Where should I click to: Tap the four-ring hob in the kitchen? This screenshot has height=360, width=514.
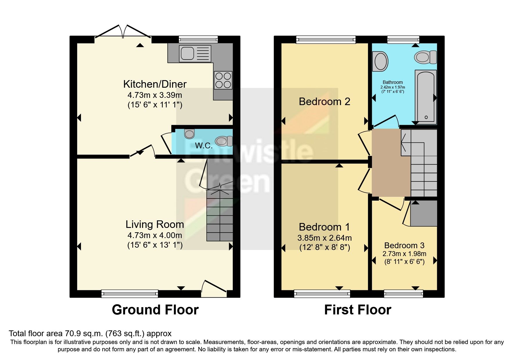point(223,80)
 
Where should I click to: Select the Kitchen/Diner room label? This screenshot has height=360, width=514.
point(155,84)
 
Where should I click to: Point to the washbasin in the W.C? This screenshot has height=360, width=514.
point(190,134)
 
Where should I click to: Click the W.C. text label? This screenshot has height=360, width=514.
point(203,145)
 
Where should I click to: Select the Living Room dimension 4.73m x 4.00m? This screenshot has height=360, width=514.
point(155,235)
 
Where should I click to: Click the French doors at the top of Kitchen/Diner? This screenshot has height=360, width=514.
point(123,32)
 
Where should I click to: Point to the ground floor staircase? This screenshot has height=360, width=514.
point(220,215)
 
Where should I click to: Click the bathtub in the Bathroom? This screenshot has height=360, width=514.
point(425,96)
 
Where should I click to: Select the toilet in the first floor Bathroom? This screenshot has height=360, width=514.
point(425,57)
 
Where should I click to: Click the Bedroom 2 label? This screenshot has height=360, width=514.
point(324,102)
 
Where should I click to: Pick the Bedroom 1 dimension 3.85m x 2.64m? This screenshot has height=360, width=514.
point(324,238)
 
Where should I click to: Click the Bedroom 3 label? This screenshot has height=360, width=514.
point(404,245)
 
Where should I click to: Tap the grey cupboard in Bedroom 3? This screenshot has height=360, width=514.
point(423,213)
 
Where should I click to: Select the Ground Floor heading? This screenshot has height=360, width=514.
point(155,310)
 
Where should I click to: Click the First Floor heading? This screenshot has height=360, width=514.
point(358,310)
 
